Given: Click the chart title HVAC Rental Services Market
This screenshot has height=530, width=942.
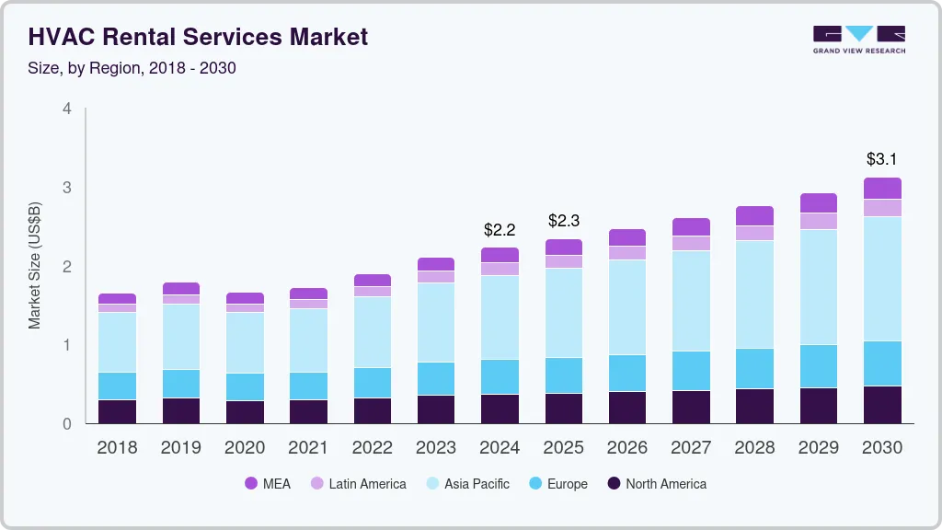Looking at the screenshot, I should [x=198, y=37].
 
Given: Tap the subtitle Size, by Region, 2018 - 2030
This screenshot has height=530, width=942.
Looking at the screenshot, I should [x=132, y=68].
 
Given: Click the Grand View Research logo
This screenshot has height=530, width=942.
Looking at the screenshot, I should [x=858, y=40].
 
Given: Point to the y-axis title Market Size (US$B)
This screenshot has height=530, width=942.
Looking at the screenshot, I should [x=35, y=265].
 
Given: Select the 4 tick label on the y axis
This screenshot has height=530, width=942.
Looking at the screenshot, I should [x=66, y=109].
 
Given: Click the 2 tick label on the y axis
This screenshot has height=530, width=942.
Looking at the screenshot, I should [x=66, y=266].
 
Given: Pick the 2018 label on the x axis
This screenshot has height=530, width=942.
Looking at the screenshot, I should [x=117, y=448].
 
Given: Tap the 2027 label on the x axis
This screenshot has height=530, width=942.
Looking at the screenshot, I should [x=691, y=448].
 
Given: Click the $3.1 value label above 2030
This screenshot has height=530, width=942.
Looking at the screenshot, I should [x=882, y=159].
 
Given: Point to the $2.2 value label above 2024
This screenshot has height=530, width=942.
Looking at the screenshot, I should [x=500, y=229].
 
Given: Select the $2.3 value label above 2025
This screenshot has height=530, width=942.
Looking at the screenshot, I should [x=563, y=221].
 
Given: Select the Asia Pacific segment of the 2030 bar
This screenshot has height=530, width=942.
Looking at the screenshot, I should [x=882, y=279].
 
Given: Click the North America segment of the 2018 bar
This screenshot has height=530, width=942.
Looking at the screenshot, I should [x=117, y=411].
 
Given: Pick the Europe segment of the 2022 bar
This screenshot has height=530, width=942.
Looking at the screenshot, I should [x=372, y=383].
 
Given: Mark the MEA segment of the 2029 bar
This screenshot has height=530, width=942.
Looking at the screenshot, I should [x=819, y=203].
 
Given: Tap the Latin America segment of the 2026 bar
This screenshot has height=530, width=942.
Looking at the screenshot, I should [x=626, y=253].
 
